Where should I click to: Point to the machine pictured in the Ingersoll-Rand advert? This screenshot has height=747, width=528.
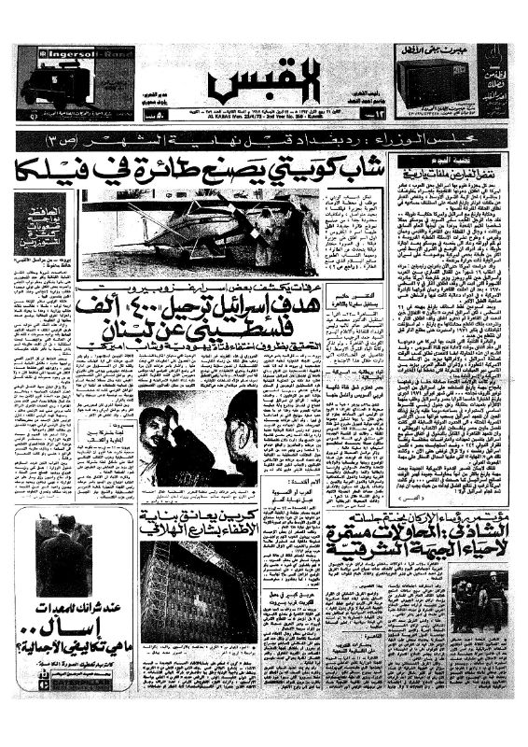coord(51,86)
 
